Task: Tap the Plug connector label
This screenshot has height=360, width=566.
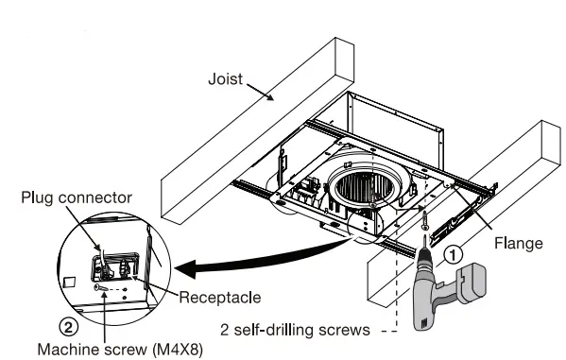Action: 76,198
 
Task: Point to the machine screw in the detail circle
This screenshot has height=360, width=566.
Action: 97,286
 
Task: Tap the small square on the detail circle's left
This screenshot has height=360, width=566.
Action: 68,281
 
